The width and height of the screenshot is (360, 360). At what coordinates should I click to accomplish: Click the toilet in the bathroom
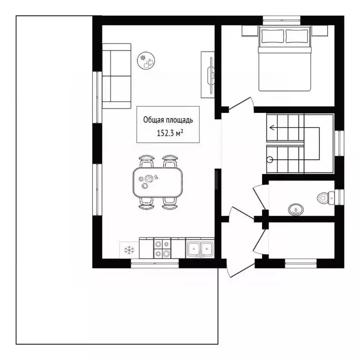326,197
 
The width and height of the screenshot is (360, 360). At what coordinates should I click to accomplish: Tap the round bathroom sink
296,210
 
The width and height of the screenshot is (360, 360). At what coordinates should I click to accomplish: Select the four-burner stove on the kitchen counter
162,248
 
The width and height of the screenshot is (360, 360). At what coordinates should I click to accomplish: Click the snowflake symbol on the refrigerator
129,250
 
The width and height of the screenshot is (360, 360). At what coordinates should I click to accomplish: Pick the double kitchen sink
200,248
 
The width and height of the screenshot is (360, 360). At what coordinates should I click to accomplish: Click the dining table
157,182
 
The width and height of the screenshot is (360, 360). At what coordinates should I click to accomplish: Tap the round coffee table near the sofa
146,60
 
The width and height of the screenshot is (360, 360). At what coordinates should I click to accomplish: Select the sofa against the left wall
117,76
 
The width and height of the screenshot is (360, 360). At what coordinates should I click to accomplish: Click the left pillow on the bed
272,36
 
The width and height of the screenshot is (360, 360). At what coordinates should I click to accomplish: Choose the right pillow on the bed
297,36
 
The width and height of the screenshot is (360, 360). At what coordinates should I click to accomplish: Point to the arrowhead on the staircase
272,127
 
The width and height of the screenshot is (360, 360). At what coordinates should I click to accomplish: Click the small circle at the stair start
270,159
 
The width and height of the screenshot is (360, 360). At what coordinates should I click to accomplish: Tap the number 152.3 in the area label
165,133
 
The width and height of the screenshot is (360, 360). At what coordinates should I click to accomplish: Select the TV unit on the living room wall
208,75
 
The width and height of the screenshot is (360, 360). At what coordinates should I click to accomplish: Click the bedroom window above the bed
281,20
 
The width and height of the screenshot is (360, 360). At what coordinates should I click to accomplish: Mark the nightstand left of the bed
250,30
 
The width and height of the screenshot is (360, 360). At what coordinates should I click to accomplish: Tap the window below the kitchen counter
155,263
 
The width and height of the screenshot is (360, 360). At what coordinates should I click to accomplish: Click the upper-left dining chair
146,161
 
